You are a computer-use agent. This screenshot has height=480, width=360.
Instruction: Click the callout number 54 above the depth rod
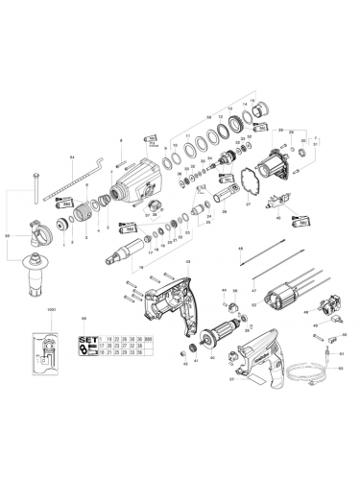point(72,156)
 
